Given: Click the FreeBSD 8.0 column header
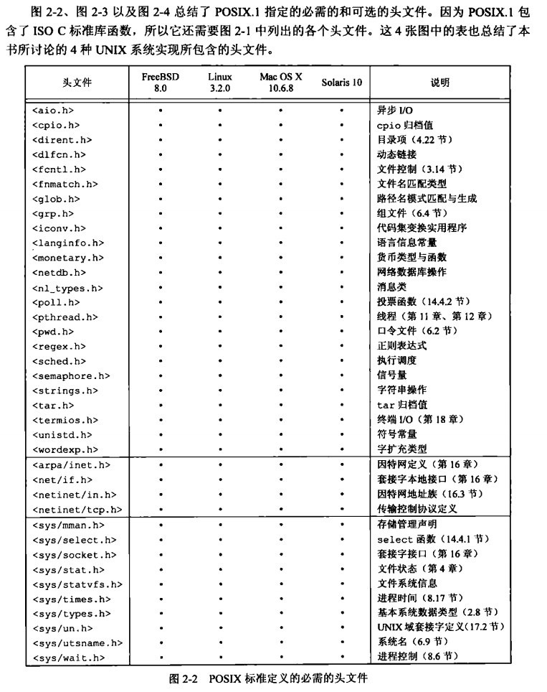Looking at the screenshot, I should pos(160,82).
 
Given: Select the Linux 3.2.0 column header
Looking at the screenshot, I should pos(220,82).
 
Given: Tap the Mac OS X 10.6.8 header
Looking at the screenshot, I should pos(281,82).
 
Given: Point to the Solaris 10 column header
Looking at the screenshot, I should pos(342,83).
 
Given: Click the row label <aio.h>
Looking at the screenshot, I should pos(53,111).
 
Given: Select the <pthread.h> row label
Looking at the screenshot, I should pos(65,317).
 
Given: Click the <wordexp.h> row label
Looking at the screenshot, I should pos(62,449).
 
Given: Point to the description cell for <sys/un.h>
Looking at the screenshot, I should pos(441,627).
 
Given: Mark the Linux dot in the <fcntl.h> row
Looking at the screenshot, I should pos(220,169).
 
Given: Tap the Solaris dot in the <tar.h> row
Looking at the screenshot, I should pos(342,406).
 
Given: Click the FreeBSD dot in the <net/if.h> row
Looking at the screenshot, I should pos(160,480).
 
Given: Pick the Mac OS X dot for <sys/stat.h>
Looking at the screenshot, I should pos(281,569).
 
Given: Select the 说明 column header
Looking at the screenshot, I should pos(440,83).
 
